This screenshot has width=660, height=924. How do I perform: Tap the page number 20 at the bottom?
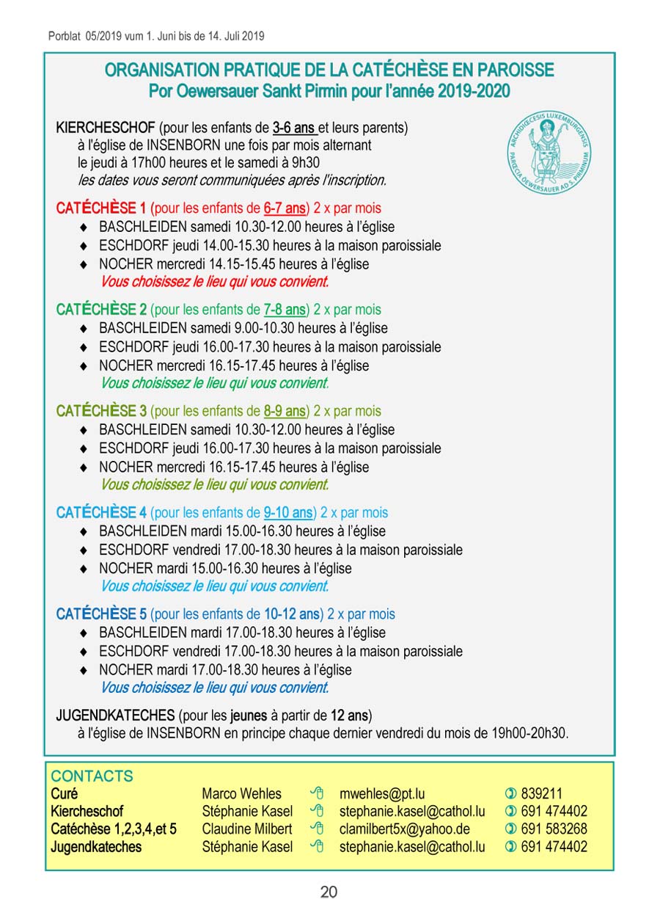329,892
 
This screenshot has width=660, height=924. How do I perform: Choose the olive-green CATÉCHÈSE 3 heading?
101,411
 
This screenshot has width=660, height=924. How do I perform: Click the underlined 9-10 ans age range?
287,512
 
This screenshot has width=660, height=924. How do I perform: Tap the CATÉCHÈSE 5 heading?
101,614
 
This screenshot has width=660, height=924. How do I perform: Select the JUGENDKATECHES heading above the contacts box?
115,714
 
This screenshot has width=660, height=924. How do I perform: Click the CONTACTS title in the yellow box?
92,776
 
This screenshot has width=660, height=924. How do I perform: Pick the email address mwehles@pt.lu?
382,793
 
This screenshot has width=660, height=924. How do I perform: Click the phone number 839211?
541,793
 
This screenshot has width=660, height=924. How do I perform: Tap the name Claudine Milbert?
246,829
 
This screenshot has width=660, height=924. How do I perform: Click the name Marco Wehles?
241,793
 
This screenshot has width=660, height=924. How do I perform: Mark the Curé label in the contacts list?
64,793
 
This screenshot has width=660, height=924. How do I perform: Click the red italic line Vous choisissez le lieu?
214,282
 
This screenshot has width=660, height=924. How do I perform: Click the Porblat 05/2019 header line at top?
156,35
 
